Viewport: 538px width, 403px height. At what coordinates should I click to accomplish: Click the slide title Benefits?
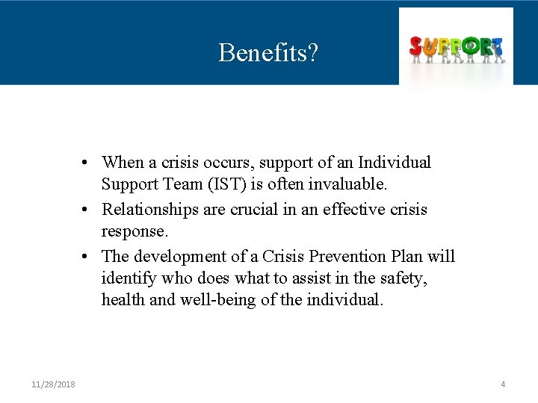268,52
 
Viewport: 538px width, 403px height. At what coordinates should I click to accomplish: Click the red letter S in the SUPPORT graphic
416,47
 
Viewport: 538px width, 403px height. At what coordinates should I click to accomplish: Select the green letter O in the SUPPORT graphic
469,46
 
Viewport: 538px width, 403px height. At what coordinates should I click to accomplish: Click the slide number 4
503,384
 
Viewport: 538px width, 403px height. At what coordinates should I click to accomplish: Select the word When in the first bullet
123,163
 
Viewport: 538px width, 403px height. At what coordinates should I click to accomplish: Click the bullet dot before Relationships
87,210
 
